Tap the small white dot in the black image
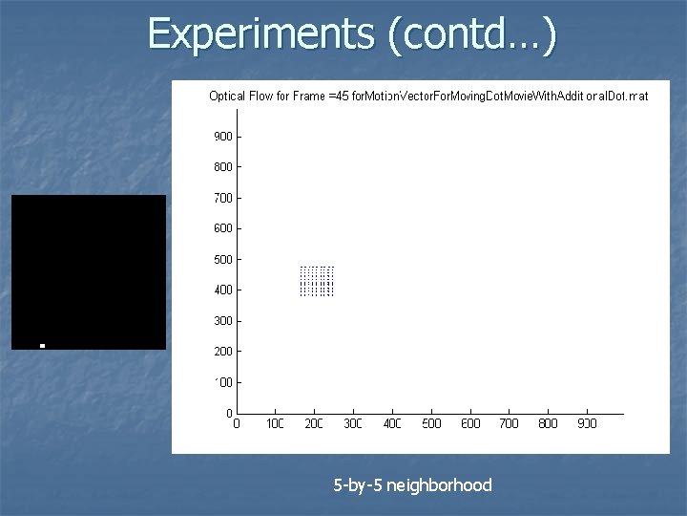pos(43,345)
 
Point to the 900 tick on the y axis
pos(222,137)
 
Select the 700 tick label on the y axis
pos(222,198)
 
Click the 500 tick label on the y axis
pos(222,259)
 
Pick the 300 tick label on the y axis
pos(222,321)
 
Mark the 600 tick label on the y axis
pos(222,228)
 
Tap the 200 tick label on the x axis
pos(314,423)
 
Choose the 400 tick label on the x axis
pos(392,423)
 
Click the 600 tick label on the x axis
pos(469,423)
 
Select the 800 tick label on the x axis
pos(548,423)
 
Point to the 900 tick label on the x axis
pos(587,423)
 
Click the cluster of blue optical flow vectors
pos(317,281)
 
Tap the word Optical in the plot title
pos(227,96)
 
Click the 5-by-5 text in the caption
pos(358,485)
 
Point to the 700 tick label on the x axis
pos(509,423)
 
